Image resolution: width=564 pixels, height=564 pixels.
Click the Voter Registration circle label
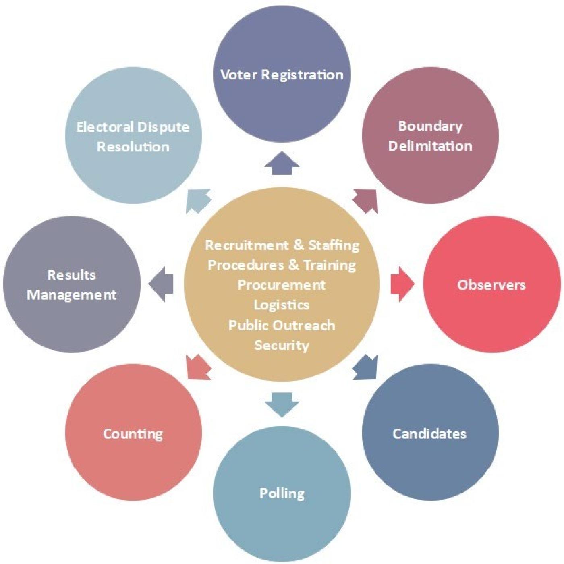click(x=282, y=75)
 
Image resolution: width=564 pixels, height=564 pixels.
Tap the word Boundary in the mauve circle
click(x=430, y=126)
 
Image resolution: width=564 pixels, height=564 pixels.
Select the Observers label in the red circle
click(x=491, y=284)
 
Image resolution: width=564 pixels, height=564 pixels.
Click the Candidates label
click(x=429, y=433)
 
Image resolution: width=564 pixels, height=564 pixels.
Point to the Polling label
click(x=282, y=493)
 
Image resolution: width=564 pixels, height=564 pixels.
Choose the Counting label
click(x=133, y=433)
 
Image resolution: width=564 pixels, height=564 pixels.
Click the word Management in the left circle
click(x=72, y=295)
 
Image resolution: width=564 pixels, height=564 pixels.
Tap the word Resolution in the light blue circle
click(x=133, y=146)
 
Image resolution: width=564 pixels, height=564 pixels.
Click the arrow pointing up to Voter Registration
click(x=282, y=163)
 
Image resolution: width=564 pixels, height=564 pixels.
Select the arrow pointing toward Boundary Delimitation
click(x=366, y=201)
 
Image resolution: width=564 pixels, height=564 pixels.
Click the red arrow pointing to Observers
click(x=403, y=284)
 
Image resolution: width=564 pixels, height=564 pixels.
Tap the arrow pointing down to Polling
click(x=282, y=405)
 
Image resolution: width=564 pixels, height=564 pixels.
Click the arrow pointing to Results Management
click(x=161, y=284)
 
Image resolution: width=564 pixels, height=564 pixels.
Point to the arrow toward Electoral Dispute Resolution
click(x=198, y=201)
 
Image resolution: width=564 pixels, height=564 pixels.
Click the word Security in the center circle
click(x=282, y=345)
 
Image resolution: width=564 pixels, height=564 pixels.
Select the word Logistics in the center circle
click(x=282, y=305)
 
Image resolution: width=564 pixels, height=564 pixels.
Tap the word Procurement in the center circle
click(x=282, y=285)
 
